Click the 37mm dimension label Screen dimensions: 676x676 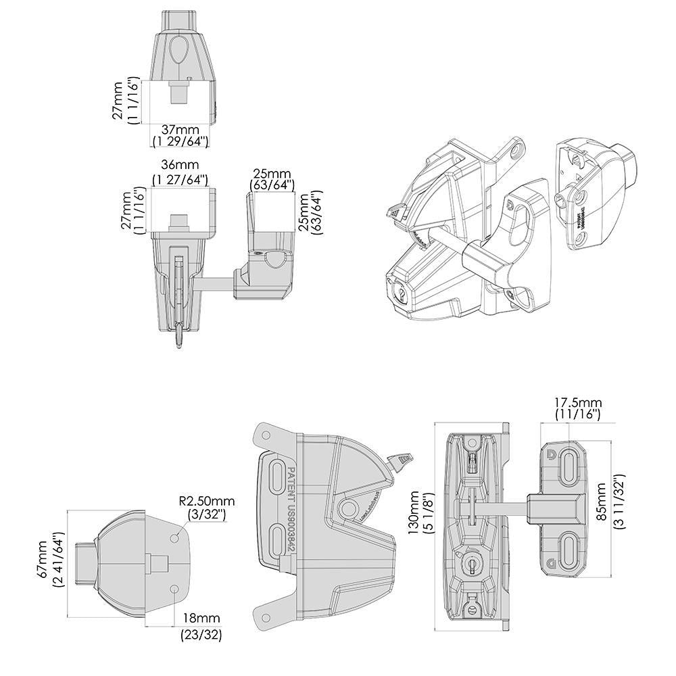[x=180, y=129]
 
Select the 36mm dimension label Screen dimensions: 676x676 [x=180, y=165]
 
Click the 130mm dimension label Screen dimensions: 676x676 [x=413, y=514]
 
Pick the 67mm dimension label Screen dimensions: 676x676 [x=43, y=559]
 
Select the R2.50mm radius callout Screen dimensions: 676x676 [x=207, y=501]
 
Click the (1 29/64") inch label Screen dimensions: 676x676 [x=180, y=141]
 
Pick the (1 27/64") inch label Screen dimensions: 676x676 [x=180, y=179]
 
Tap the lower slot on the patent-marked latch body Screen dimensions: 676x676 [x=278, y=539]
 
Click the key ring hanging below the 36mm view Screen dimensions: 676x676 [x=179, y=336]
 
